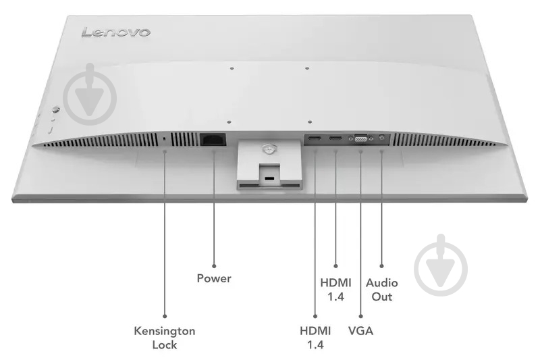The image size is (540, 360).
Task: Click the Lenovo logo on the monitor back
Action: [115, 32]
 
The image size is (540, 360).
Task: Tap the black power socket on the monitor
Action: [213, 139]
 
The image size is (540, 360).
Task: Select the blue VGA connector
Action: [360, 138]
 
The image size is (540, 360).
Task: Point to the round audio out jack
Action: [381, 137]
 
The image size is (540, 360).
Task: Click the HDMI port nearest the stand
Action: [315, 138]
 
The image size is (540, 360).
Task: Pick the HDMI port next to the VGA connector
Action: [335, 138]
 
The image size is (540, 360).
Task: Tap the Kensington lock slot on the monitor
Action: [163, 139]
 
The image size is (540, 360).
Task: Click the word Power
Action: [214, 278]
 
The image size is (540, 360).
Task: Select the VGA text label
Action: [360, 331]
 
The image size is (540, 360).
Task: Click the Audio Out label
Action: [381, 290]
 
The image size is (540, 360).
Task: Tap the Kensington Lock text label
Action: [165, 338]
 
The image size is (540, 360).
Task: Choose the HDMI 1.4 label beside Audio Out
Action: [335, 290]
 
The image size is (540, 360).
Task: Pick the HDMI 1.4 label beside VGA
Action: [315, 338]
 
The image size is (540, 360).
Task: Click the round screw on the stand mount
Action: [269, 149]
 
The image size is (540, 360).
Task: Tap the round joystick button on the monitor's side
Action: [55, 110]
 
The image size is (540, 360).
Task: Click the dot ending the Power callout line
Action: [214, 266]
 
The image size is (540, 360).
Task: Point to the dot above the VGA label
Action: [360, 316]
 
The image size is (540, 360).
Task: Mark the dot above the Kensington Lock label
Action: [165, 316]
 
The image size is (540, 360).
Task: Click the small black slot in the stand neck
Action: [269, 178]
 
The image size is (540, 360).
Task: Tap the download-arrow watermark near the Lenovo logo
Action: [90, 95]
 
